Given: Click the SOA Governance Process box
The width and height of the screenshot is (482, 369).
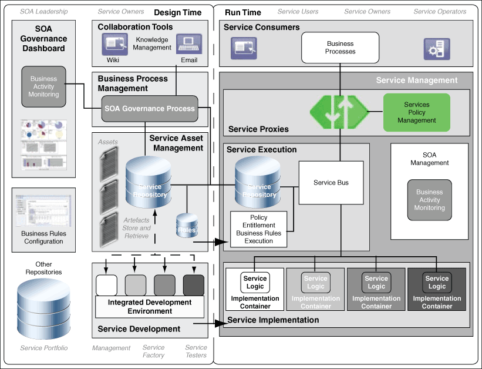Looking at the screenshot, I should tap(149, 109).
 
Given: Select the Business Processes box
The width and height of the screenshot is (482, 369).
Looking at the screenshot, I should tap(340, 48).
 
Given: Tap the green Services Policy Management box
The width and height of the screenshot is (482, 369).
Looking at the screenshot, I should tap(416, 112).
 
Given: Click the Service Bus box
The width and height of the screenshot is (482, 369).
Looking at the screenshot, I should tap(331, 183).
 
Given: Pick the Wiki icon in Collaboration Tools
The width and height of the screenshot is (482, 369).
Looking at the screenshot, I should tap(114, 44).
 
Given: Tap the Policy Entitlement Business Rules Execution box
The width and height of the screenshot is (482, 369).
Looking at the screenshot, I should tap(259, 229).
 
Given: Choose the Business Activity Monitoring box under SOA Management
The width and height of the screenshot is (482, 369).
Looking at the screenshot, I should tap(429, 200).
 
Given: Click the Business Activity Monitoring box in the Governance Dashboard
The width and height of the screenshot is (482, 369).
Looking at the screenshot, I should tap(43, 86).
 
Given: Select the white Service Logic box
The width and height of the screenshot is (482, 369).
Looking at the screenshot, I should tap(255, 282).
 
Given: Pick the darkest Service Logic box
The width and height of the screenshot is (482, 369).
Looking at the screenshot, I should tap(437, 282).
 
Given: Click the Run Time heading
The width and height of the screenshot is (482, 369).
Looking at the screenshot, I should tap(242, 12).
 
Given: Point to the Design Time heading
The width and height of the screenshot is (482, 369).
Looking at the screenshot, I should tap(177, 12).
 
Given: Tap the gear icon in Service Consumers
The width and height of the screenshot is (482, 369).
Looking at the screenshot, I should tap(437, 49).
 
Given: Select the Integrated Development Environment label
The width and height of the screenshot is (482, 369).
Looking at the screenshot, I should tap(150, 306).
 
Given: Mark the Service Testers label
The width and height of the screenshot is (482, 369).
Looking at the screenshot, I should tap(196, 351).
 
